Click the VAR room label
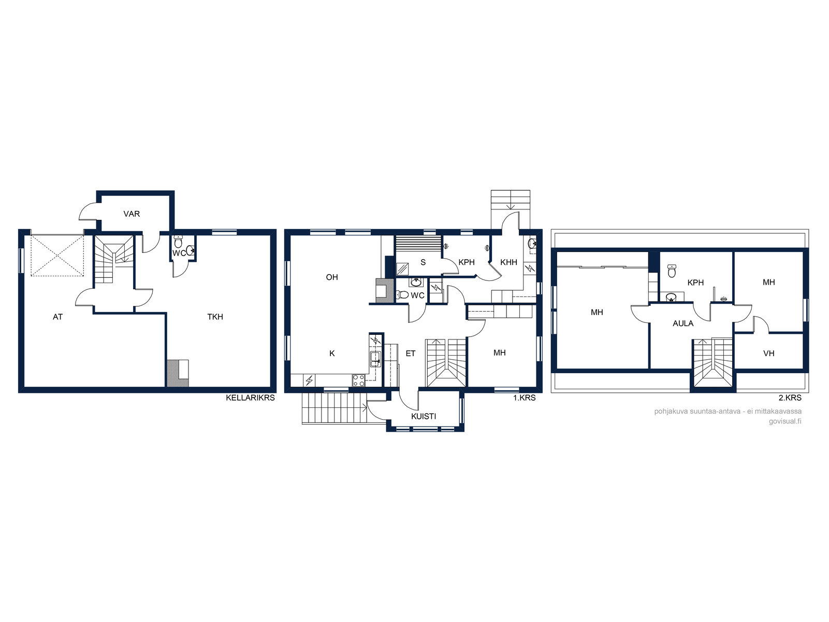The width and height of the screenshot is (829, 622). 132,214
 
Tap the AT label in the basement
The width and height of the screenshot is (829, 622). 58,317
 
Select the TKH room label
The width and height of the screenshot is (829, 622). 215,317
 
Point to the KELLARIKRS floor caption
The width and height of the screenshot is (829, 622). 251,398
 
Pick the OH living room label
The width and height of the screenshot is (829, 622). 332,277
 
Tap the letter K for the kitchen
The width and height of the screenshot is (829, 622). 332,354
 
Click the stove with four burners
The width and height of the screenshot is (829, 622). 359,380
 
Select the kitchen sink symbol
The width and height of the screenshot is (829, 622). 375,359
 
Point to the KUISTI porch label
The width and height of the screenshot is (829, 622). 424,416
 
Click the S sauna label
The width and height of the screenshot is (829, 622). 423,262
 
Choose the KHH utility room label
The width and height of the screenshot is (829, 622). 508,262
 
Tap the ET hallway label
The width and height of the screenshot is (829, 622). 411,354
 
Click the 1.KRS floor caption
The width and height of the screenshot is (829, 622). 524,398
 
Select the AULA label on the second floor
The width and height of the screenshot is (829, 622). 683,323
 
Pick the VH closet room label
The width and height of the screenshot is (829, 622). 769,354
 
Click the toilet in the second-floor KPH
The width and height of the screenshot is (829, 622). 672,271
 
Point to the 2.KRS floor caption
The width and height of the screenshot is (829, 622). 790,398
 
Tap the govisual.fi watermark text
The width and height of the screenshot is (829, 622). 785,421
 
